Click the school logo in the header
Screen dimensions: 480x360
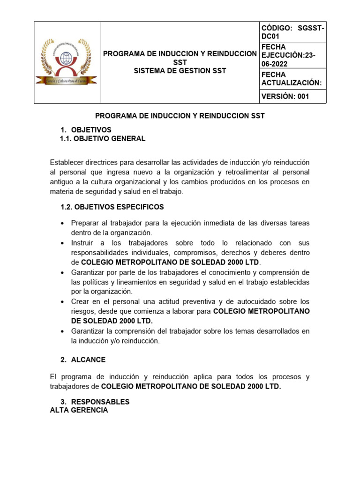(67, 62)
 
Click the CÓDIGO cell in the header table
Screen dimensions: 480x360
(293, 32)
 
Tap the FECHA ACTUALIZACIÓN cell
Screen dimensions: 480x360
(293, 79)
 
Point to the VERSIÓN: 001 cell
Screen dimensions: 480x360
(285, 97)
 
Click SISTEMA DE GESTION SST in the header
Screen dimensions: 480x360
(180, 71)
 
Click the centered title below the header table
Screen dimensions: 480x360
(180, 115)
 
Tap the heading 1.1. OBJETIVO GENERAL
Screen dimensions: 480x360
(103, 139)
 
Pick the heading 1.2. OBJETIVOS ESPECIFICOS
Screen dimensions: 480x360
(112, 207)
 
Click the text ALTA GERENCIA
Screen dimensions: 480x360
(79, 410)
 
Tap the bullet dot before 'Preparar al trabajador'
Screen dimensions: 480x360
(62, 224)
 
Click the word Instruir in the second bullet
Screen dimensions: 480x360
(83, 243)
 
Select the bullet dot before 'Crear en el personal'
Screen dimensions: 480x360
(62, 302)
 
